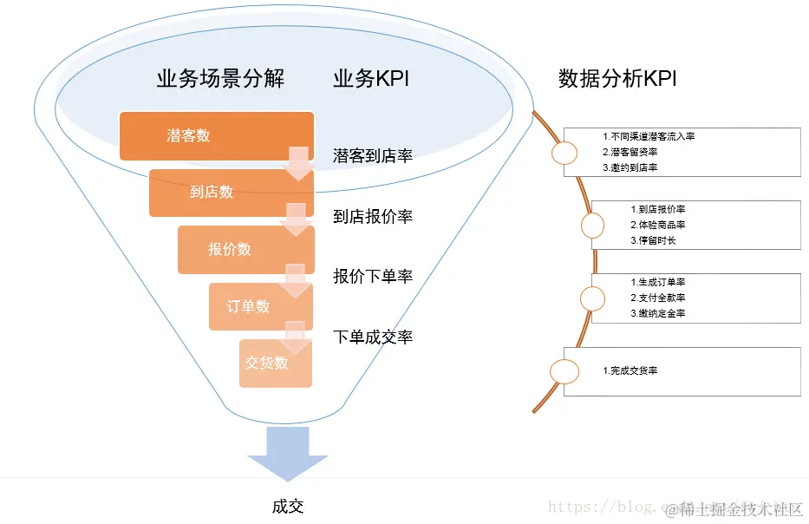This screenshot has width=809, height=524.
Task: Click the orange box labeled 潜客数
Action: click(216, 135)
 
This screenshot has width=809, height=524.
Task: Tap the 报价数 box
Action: click(245, 249)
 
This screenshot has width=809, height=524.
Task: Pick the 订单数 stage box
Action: click(260, 306)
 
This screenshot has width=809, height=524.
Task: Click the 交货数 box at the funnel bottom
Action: click(276, 363)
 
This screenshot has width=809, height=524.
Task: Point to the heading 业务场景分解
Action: click(220, 79)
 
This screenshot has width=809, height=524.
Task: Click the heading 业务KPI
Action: click(370, 79)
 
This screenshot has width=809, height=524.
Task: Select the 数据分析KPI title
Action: click(617, 79)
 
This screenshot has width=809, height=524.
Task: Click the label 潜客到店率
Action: click(373, 156)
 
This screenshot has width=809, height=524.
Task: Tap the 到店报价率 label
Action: click(373, 216)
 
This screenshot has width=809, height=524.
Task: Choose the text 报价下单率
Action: click(373, 276)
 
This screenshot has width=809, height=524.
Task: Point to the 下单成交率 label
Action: click(373, 337)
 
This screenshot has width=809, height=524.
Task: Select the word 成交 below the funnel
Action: click(288, 507)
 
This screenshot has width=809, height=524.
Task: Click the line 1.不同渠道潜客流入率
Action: click(649, 137)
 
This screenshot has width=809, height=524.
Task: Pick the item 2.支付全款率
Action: click(657, 298)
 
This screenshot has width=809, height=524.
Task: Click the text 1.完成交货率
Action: click(630, 370)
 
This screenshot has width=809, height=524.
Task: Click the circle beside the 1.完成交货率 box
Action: click(564, 371)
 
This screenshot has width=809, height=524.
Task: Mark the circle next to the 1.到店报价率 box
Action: click(592, 226)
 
